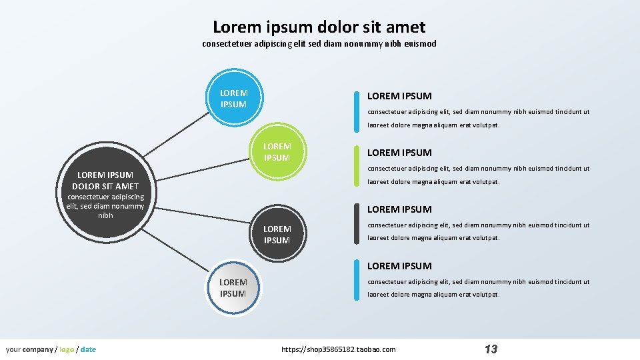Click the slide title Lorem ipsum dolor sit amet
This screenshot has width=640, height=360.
(x=319, y=27)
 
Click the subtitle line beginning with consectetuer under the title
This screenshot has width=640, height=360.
(x=319, y=44)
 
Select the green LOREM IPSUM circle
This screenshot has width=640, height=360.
(x=277, y=152)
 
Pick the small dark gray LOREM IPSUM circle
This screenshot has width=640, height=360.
(x=277, y=235)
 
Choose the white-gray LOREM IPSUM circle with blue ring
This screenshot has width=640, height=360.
(x=233, y=288)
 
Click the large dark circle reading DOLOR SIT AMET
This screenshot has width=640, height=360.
(x=105, y=193)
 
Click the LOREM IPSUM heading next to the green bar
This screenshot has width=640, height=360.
(x=399, y=153)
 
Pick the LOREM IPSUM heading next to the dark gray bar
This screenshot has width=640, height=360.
(x=399, y=209)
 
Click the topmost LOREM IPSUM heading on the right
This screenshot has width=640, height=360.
(x=399, y=96)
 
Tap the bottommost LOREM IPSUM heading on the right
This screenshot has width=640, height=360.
(x=399, y=266)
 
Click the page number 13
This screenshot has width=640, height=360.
(x=491, y=349)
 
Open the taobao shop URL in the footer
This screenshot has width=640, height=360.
(x=339, y=349)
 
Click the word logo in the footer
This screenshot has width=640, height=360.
(x=67, y=349)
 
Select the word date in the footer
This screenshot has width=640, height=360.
(x=88, y=349)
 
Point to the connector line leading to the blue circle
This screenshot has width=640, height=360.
(x=177, y=133)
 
